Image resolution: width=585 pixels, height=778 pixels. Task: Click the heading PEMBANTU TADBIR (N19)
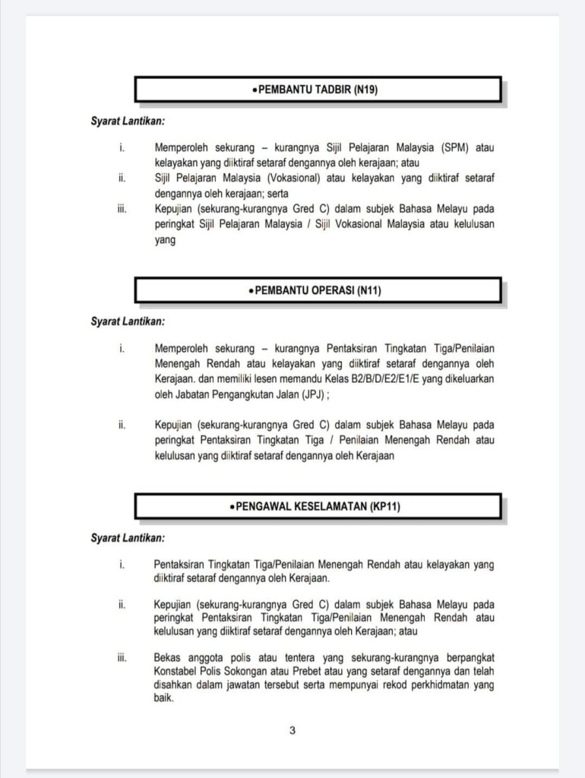pos(317,90)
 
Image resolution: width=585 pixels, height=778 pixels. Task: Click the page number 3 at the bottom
pos(292,731)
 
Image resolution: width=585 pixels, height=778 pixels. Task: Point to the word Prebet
pos(325,671)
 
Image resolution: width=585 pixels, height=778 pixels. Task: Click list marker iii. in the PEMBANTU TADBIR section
pos(122,209)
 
